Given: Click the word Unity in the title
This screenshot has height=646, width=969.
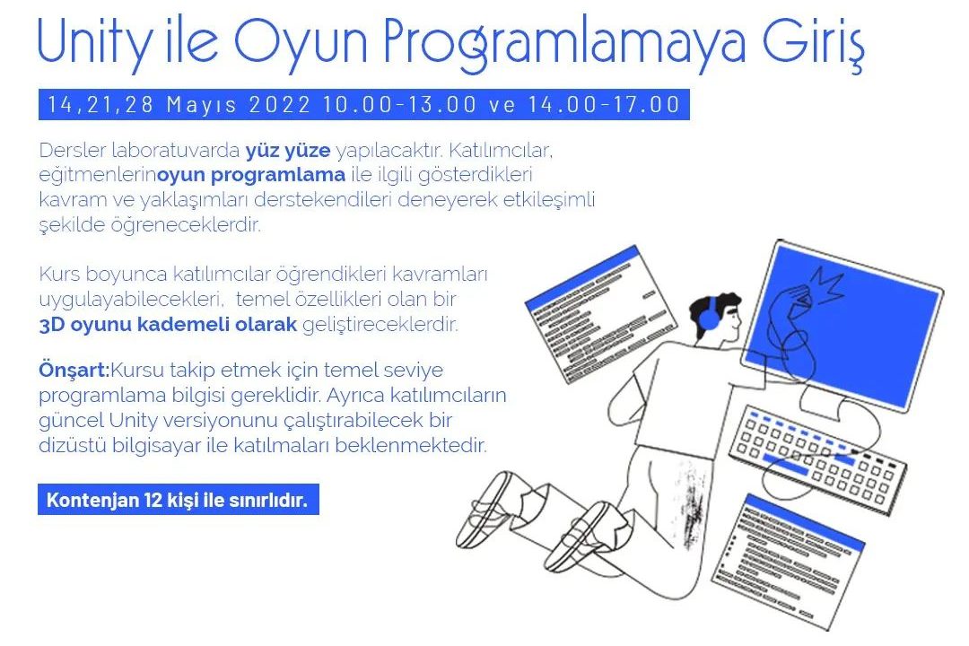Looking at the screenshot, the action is click(x=93, y=43).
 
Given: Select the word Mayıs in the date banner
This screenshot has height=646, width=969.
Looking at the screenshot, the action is click(x=202, y=104).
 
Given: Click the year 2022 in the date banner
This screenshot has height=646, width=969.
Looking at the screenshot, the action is click(x=280, y=104).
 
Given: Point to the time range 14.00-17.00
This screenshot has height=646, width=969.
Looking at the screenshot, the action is click(x=604, y=104).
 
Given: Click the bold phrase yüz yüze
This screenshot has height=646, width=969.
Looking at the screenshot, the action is click(x=288, y=150).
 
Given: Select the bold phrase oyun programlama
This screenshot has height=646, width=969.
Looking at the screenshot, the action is click(x=251, y=176).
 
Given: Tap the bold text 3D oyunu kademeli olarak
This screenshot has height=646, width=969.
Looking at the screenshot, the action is click(x=168, y=325).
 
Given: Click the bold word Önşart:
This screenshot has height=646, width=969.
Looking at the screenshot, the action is click(x=74, y=371).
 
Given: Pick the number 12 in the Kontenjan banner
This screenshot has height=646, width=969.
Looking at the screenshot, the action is click(x=153, y=500).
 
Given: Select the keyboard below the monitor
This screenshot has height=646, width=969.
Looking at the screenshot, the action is click(x=817, y=458).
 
